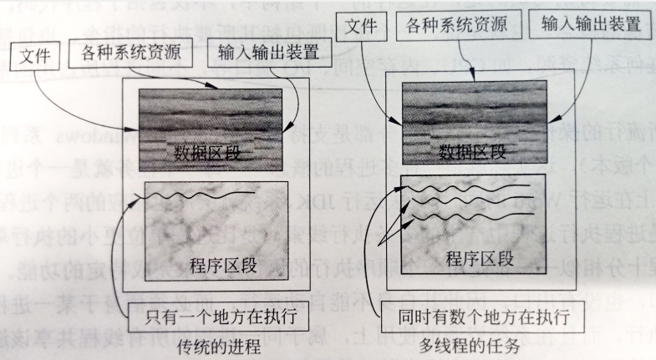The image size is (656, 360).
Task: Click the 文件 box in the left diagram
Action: click(36, 58)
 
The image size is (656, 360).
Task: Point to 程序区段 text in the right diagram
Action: click(474, 256)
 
